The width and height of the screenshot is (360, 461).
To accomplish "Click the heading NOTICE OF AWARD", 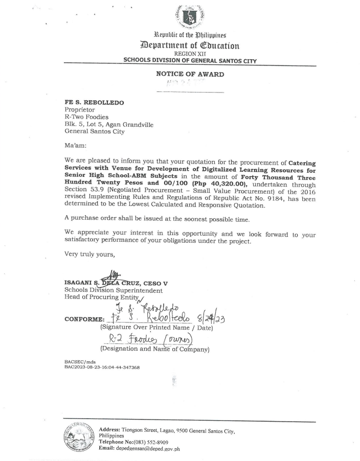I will pyautogui.click(x=190, y=74).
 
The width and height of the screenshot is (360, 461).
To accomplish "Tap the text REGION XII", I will pyautogui.click(x=189, y=53).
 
